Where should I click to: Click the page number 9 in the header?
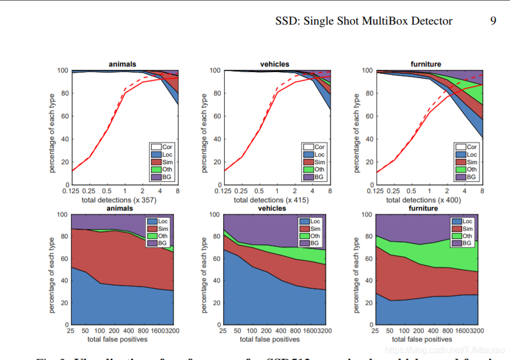[x=493, y=21]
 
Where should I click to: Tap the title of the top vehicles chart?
[x=274, y=64]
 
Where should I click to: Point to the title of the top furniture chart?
[x=425, y=64]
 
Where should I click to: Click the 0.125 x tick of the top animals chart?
[x=71, y=191]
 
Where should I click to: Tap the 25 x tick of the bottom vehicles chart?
[x=223, y=331]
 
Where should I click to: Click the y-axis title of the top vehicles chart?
[x=205, y=133]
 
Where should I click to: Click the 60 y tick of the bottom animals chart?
[x=64, y=259]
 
